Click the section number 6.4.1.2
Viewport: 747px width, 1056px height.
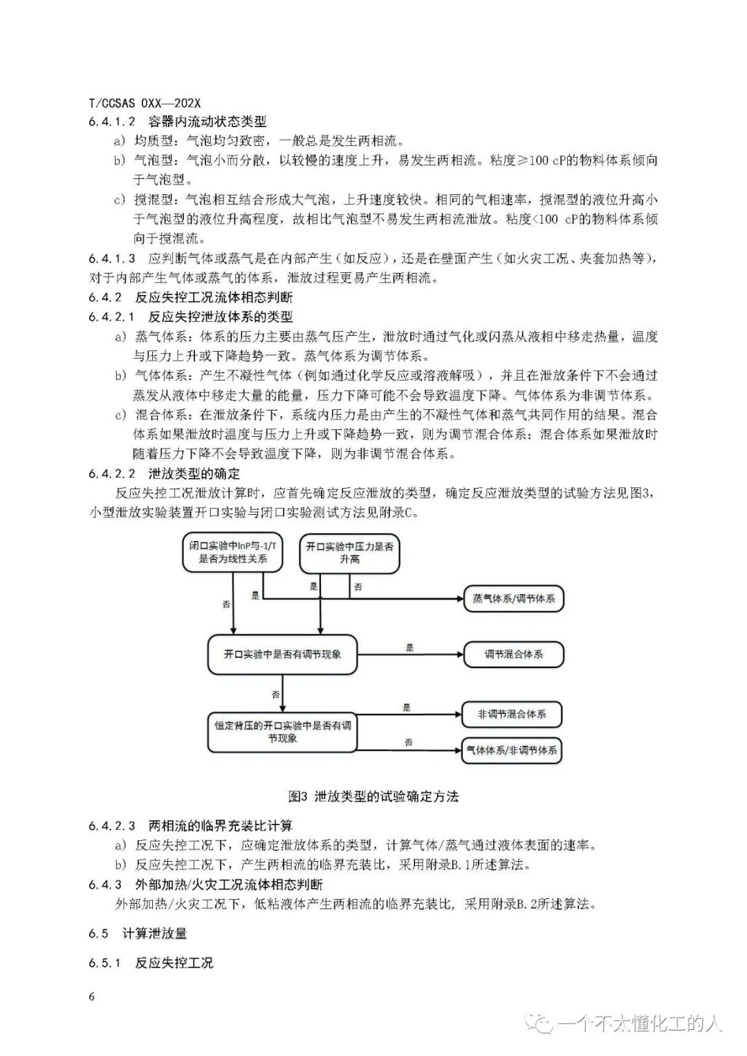tap(112, 122)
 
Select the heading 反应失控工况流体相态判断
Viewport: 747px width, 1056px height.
tap(214, 298)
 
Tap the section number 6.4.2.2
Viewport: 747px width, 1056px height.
tap(112, 473)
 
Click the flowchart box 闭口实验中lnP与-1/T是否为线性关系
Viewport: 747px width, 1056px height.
tap(233, 552)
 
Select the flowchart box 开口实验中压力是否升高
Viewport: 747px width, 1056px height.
tap(349, 552)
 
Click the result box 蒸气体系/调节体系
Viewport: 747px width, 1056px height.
tap(513, 598)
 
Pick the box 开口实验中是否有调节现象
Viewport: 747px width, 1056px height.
tap(282, 654)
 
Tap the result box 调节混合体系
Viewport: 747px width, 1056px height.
tap(513, 654)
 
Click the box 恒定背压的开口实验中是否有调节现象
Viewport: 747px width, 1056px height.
tap(282, 732)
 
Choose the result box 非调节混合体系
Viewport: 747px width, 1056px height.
tap(512, 715)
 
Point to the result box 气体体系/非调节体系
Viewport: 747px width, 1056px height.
tap(512, 750)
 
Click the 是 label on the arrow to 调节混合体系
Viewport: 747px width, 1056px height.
tap(409, 648)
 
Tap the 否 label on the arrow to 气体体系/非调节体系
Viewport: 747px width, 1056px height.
tap(409, 742)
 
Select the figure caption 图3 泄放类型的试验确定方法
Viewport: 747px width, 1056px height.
tap(373, 796)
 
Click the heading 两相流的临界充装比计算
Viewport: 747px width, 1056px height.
tap(221, 825)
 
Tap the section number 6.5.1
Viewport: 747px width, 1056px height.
tap(104, 963)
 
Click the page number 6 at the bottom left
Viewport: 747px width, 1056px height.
tap(91, 996)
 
